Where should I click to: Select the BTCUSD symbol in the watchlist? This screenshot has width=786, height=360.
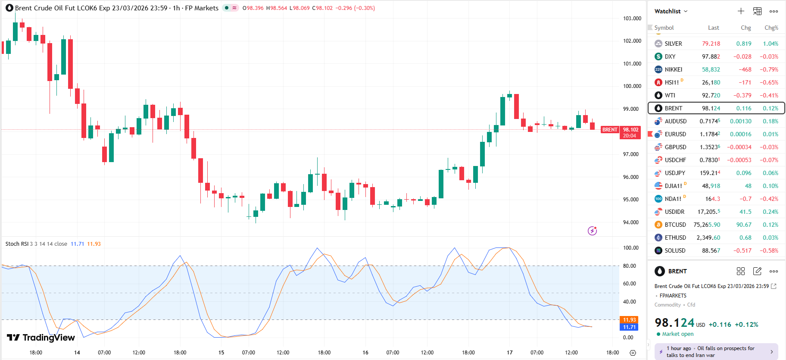[675, 225]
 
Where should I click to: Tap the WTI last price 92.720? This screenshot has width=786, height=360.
[711, 95]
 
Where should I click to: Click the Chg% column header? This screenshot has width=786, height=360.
[771, 28]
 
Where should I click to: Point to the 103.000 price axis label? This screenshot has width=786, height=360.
[632, 19]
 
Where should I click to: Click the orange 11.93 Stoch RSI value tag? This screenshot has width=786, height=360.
[629, 320]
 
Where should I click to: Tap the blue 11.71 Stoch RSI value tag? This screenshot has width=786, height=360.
[629, 327]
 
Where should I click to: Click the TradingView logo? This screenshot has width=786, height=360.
[41, 338]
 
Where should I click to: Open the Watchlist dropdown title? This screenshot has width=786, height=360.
[671, 11]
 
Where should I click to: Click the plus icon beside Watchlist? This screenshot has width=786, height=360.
[741, 11]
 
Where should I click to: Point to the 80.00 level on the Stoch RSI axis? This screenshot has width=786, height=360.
[629, 266]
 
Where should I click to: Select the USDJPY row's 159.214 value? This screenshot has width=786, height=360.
[710, 173]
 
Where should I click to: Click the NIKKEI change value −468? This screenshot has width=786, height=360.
[745, 69]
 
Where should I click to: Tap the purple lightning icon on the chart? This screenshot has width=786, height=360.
[593, 231]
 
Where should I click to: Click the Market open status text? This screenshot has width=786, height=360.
[677, 334]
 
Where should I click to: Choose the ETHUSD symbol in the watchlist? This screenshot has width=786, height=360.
[675, 238]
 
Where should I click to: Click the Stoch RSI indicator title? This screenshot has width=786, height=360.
[17, 244]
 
